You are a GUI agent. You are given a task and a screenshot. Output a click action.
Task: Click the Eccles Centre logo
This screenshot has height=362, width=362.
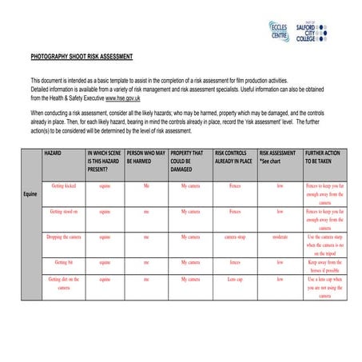280,31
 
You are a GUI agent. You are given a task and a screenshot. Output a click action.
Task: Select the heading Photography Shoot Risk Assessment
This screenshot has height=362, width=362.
82,58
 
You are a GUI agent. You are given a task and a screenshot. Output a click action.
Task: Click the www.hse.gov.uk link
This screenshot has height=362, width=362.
123,98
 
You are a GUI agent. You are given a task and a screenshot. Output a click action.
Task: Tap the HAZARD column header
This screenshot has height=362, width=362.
54,151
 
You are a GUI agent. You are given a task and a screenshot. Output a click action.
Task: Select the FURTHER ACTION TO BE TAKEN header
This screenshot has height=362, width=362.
324,156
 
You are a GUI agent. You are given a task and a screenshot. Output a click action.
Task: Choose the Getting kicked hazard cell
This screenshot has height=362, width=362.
63,185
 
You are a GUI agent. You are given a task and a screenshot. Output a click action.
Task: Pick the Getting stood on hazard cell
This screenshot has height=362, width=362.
63,212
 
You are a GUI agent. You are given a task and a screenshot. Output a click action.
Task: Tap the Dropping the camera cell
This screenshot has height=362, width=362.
63,237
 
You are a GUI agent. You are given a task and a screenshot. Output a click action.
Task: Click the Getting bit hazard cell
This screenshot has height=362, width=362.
63,262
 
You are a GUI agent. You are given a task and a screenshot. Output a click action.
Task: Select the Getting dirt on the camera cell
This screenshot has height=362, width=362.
63,283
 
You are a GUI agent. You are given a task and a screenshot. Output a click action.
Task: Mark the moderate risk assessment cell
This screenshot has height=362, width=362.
280,237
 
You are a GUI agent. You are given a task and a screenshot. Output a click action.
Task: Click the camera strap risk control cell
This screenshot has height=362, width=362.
235,237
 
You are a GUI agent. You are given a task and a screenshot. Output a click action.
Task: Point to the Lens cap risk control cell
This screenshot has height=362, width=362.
235,279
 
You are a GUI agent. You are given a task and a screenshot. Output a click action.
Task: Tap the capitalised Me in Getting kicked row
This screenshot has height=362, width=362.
145,185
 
